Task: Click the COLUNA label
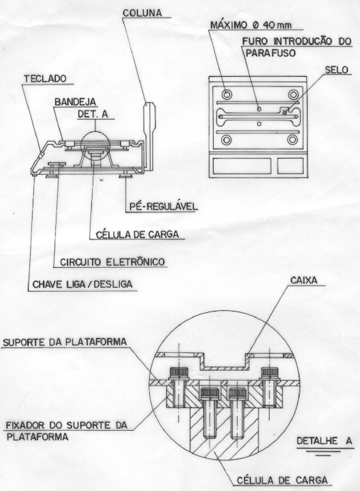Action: [x=142, y=13]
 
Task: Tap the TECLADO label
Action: [x=45, y=79]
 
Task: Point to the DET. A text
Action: [x=93, y=115]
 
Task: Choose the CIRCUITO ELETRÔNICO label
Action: [x=112, y=262]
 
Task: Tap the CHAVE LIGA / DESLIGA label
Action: [x=83, y=284]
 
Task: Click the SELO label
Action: [x=337, y=70]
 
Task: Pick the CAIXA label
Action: [x=304, y=280]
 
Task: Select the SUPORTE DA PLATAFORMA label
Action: [x=65, y=342]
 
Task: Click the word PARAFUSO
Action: [x=271, y=53]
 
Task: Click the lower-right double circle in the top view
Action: [x=292, y=140]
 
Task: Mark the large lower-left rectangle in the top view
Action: [x=242, y=166]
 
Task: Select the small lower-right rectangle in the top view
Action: [x=290, y=166]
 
